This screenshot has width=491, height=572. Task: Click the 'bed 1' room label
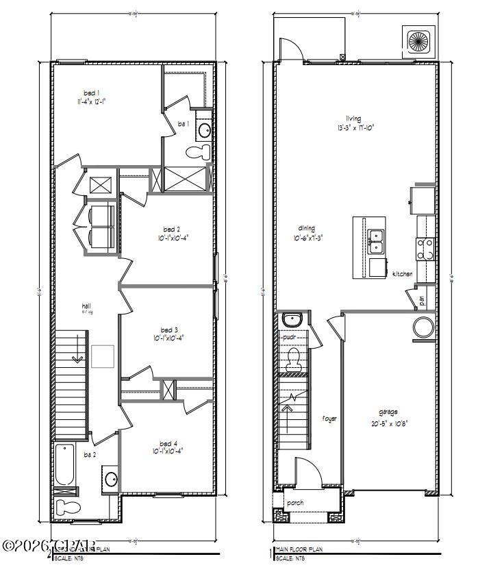[x=91, y=92]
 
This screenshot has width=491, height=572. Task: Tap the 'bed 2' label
[x=171, y=229]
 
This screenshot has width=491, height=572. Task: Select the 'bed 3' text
[x=168, y=329]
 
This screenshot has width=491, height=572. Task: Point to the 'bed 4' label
[x=168, y=443]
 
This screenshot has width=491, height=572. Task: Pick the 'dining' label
[x=306, y=230]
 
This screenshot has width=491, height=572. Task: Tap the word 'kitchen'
[x=402, y=274]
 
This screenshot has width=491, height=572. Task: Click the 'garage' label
[x=389, y=412]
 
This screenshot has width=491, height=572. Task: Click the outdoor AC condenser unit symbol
[x=417, y=40]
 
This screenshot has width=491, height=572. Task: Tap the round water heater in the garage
[x=423, y=327]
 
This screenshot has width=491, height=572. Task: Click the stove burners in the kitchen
[x=425, y=249]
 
